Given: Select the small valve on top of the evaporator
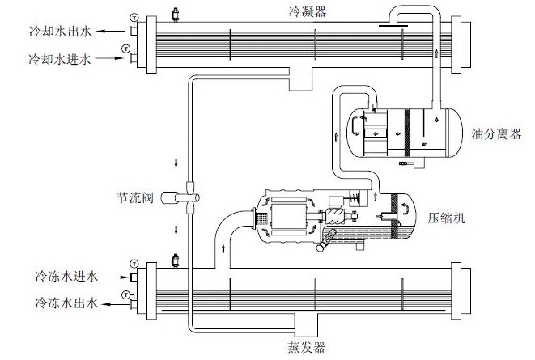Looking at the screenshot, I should point(175,260).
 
